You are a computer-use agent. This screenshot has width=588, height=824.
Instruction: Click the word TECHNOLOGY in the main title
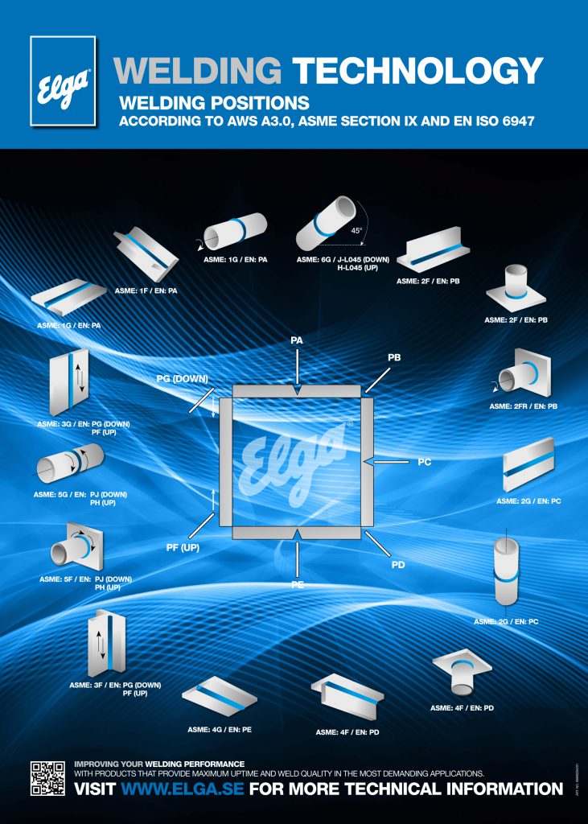click(417, 72)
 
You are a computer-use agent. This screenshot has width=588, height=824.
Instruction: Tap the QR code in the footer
click(47, 777)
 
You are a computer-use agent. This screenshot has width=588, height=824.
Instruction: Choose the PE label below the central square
click(297, 584)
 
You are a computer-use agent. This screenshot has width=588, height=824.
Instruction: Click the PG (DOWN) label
click(183, 378)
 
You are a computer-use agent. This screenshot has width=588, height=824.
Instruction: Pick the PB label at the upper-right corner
click(394, 355)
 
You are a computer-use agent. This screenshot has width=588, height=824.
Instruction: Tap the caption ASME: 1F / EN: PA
click(146, 290)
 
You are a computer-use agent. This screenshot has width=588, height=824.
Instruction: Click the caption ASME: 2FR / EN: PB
click(523, 406)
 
